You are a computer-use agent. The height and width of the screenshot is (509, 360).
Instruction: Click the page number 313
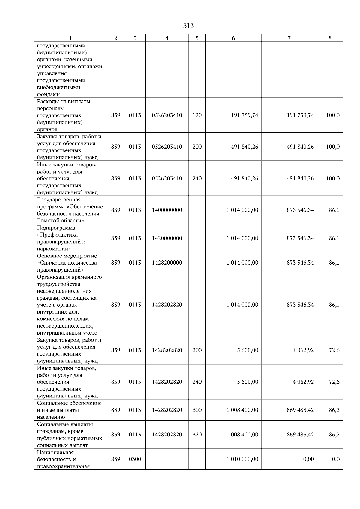(x=188, y=26)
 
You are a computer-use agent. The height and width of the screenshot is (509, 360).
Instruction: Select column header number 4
(x=167, y=38)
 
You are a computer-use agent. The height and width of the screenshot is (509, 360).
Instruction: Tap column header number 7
(x=289, y=38)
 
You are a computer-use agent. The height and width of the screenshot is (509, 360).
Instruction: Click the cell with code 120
(x=197, y=115)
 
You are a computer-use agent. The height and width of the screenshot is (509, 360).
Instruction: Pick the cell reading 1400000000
(x=167, y=210)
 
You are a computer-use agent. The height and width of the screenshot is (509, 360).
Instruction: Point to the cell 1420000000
(x=167, y=238)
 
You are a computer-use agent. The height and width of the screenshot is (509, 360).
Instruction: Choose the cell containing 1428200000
(x=167, y=263)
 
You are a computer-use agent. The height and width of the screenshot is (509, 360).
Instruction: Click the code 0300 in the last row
(x=135, y=459)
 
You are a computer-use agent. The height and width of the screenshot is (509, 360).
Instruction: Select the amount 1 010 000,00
(x=242, y=459)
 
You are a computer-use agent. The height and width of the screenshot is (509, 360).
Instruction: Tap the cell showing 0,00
(x=308, y=459)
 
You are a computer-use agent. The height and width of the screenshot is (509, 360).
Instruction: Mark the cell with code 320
(x=197, y=435)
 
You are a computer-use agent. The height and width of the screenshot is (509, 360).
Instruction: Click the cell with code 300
(x=197, y=410)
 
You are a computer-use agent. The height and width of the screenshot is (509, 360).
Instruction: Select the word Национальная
(x=55, y=452)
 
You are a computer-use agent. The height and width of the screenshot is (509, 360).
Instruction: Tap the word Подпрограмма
(x=56, y=228)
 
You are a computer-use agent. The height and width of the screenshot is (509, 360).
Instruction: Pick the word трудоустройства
(x=59, y=284)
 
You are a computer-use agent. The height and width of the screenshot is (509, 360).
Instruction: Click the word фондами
(x=49, y=94)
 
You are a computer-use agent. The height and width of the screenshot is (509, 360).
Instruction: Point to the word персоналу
(x=50, y=109)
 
